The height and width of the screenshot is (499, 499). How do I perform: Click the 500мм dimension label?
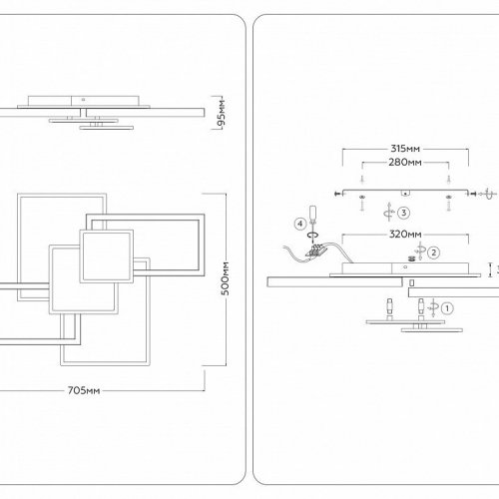coord(226,278)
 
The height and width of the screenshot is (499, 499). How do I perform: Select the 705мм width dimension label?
coord(84,390)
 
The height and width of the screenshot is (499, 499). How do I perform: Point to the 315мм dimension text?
coord(405,149)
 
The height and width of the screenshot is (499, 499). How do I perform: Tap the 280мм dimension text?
coord(405,163)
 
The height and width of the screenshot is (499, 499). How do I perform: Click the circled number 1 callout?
coord(447,308)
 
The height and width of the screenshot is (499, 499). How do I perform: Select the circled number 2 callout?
coord(433,252)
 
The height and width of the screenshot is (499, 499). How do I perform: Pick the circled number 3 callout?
coord(403,213)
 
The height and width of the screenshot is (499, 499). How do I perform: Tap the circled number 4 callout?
coord(300,224)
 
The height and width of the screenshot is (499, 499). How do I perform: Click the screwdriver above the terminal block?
coord(312,217)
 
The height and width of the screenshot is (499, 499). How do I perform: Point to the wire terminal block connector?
coord(315,250)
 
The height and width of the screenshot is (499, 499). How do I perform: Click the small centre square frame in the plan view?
coord(107,256)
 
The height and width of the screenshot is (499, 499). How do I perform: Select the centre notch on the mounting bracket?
coord(405,193)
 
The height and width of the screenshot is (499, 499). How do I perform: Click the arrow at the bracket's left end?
coord(338,194)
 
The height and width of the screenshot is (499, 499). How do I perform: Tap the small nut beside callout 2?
coord(412,258)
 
